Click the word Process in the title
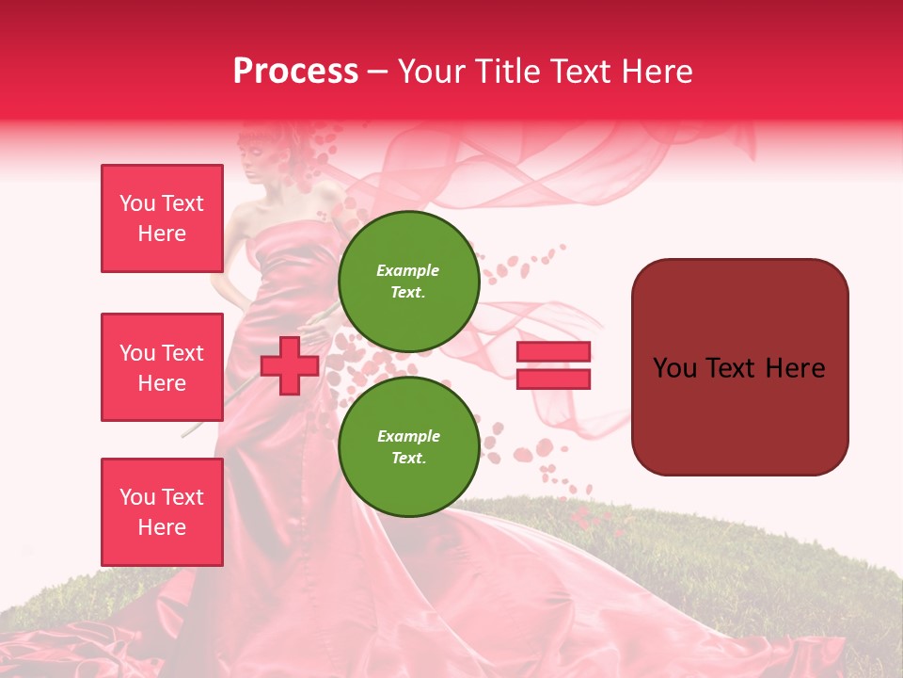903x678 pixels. [295, 71]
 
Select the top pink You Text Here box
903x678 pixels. [162, 218]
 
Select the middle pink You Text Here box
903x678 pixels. [162, 367]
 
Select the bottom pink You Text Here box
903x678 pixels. [162, 511]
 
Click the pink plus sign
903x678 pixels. [289, 365]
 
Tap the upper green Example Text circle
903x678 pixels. [408, 281]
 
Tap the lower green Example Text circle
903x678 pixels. [408, 446]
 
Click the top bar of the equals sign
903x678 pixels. [553, 351]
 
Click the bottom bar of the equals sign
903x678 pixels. [553, 379]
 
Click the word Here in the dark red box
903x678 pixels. [795, 368]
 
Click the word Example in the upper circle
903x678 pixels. [408, 270]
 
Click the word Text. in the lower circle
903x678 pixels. [408, 459]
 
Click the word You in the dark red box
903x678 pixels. [675, 368]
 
